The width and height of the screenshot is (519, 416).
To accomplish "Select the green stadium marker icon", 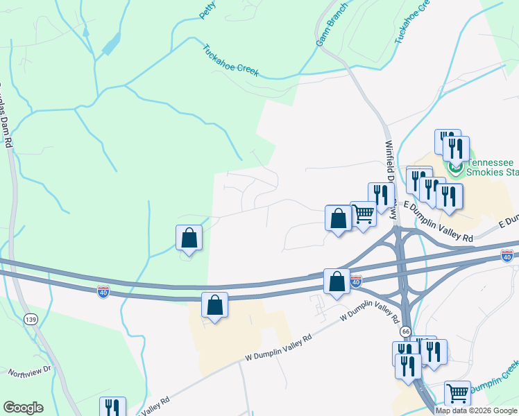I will [x=455, y=166].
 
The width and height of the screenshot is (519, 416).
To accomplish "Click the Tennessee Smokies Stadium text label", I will [x=492, y=166].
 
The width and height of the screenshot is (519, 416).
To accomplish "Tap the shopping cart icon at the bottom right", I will [x=457, y=393].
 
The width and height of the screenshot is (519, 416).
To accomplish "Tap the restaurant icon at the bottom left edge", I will [x=112, y=408].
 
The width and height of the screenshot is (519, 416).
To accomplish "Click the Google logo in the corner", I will [x=23, y=408].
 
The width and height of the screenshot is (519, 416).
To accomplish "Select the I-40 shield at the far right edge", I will [x=507, y=257].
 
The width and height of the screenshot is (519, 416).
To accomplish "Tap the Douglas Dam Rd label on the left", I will [x=7, y=118].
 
